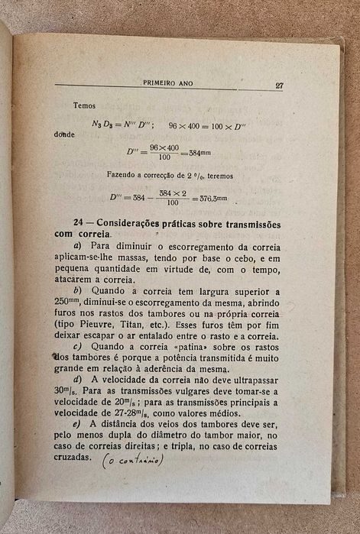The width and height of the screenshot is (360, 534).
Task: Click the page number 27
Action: coord(279,86)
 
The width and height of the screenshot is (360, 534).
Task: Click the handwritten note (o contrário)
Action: coord(134,459)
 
